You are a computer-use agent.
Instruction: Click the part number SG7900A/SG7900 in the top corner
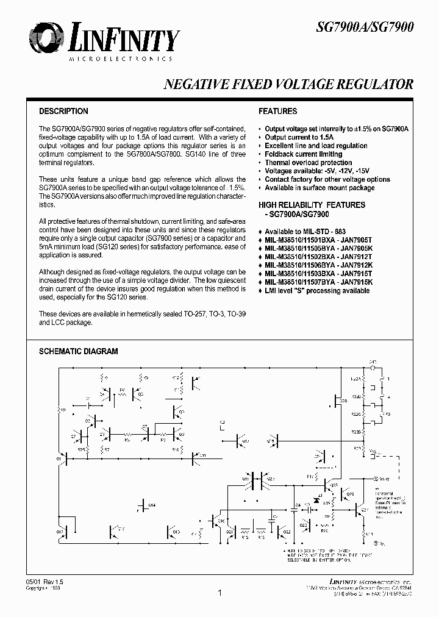(366, 27)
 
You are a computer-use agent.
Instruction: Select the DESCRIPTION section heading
(63, 112)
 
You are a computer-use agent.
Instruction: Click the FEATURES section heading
(277, 112)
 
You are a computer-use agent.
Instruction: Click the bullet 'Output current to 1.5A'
(297, 138)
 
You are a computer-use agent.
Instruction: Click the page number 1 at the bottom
(219, 593)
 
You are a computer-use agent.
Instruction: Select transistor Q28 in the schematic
(338, 401)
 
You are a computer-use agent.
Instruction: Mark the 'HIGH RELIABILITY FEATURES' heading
(312, 205)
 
